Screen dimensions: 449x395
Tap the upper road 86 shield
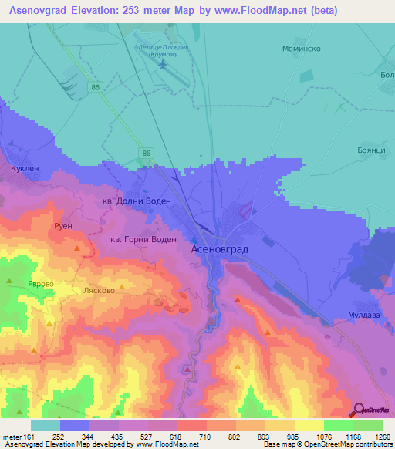tap(94, 89)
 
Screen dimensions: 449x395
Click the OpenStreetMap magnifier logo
tap(357, 410)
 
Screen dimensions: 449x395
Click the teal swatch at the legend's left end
tap(45, 425)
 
